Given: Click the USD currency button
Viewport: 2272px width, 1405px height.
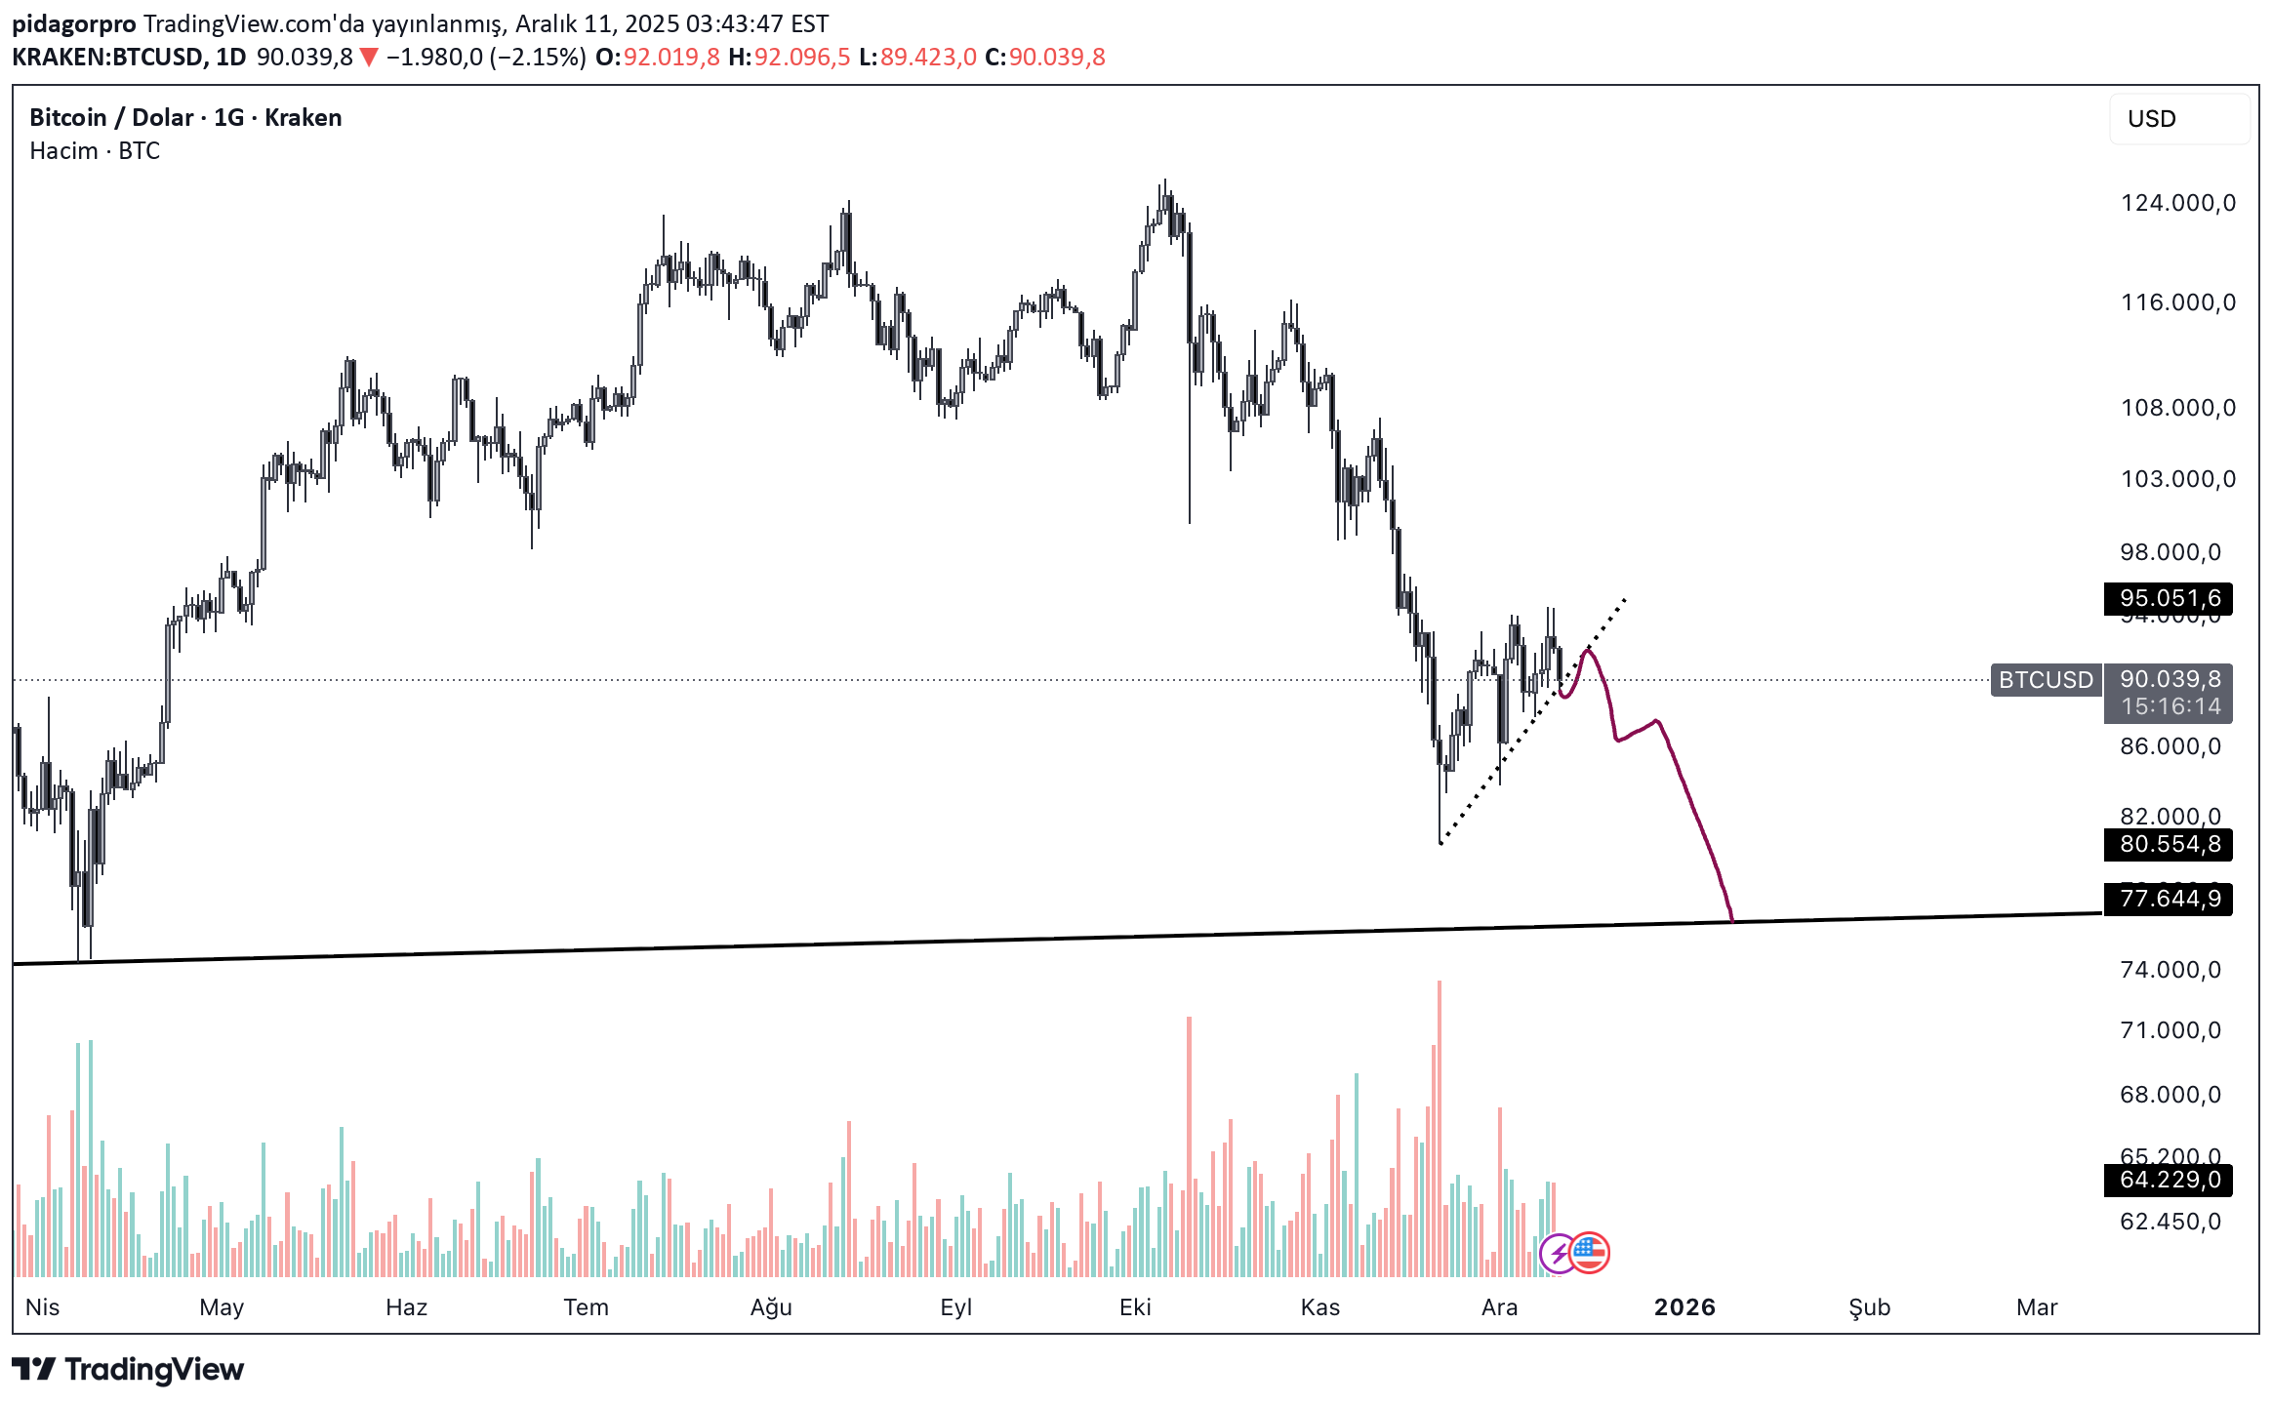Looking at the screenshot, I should coord(2178,119).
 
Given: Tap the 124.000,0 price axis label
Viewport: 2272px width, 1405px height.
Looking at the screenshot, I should coord(2177,203).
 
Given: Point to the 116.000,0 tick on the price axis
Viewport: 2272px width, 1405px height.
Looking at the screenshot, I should coord(2177,302).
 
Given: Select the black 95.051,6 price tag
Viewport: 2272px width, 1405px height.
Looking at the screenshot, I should coord(2169,598).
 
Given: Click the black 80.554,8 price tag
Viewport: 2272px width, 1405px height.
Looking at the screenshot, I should coord(2169,844).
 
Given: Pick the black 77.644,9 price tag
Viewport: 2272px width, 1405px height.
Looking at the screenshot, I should coord(2169,898).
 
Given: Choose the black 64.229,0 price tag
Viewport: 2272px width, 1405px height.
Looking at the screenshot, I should coord(2169,1180).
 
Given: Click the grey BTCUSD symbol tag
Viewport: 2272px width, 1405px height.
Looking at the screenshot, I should coord(2046,680).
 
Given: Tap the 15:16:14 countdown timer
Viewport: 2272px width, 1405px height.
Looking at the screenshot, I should coord(2170,706).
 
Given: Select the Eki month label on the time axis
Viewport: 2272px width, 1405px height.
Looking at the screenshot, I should coord(1135,1307).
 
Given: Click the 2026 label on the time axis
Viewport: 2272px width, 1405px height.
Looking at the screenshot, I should coord(1684,1307).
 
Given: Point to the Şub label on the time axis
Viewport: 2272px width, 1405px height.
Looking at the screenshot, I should coord(1869,1307).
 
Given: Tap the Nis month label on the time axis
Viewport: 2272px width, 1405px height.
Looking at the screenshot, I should coord(43,1307).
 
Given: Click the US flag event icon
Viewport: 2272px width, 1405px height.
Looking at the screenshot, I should coord(1590,1253).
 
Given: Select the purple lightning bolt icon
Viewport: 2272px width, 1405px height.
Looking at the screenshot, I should coord(1558,1254).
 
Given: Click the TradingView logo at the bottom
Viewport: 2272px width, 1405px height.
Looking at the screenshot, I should coord(128,1370).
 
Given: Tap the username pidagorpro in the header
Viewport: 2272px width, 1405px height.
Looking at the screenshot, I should coord(74,23).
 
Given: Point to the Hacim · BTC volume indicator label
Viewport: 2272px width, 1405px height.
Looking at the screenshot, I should coord(95,151).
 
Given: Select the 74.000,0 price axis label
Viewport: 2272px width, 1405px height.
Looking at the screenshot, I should coord(2170,970).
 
